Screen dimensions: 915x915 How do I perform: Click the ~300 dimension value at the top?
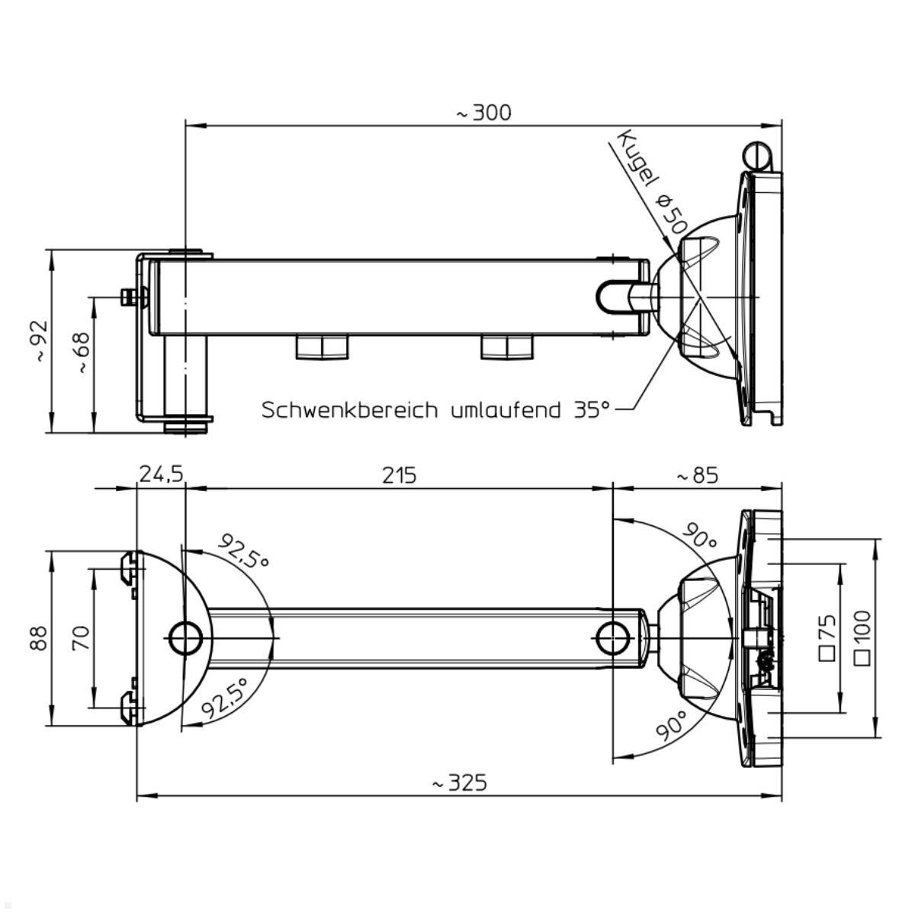pos(484,113)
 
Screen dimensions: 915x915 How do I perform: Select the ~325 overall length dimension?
pos(459,783)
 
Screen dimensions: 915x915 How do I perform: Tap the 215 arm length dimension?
pos(400,475)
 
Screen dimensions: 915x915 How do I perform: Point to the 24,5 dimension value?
pos(161,475)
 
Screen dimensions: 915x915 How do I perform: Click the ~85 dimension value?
pos(697,475)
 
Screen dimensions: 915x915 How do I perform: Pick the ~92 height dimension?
pos(39,341)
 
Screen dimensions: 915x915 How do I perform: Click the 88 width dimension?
pos(39,637)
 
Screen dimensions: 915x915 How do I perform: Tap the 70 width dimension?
pos(81,637)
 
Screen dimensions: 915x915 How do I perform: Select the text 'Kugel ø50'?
pos(652,183)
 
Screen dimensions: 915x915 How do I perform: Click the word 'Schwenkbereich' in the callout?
pos(350,410)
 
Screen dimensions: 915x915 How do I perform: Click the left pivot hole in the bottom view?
pos(185,637)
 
